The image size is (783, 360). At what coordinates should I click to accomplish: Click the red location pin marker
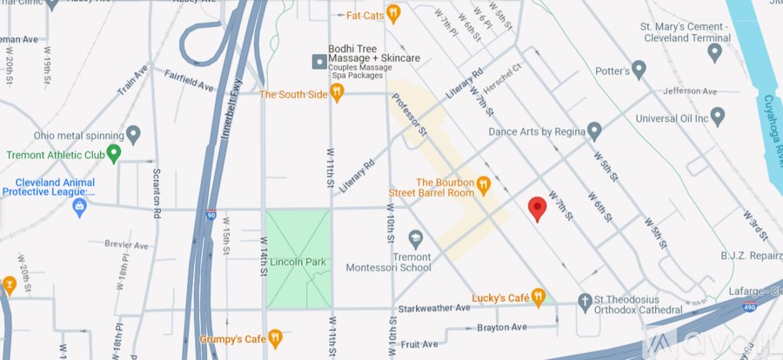(538, 208)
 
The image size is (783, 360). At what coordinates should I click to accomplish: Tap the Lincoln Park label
(298, 262)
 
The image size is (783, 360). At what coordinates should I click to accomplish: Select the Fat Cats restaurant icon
(393, 13)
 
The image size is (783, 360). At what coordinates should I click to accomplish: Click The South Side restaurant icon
(338, 93)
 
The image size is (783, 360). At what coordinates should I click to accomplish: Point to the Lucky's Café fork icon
(539, 297)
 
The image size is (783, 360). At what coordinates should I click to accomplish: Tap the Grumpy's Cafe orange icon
(275, 337)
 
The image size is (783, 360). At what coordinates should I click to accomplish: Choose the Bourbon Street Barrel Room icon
(484, 185)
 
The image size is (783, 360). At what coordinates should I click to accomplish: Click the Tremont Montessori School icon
(415, 237)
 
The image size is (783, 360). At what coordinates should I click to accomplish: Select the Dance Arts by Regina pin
(594, 131)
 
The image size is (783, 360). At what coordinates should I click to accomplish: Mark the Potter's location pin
(639, 68)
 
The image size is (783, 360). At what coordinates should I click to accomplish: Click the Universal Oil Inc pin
(718, 116)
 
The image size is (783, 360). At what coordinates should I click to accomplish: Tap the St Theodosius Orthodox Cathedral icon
(585, 301)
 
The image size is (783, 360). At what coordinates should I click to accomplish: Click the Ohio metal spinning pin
(133, 135)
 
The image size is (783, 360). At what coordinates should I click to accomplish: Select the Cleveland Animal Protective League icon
(79, 207)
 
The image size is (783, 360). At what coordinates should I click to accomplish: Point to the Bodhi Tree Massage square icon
(319, 62)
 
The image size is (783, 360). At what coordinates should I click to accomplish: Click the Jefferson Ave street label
(689, 90)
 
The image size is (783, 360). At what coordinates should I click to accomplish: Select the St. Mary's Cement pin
(715, 53)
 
